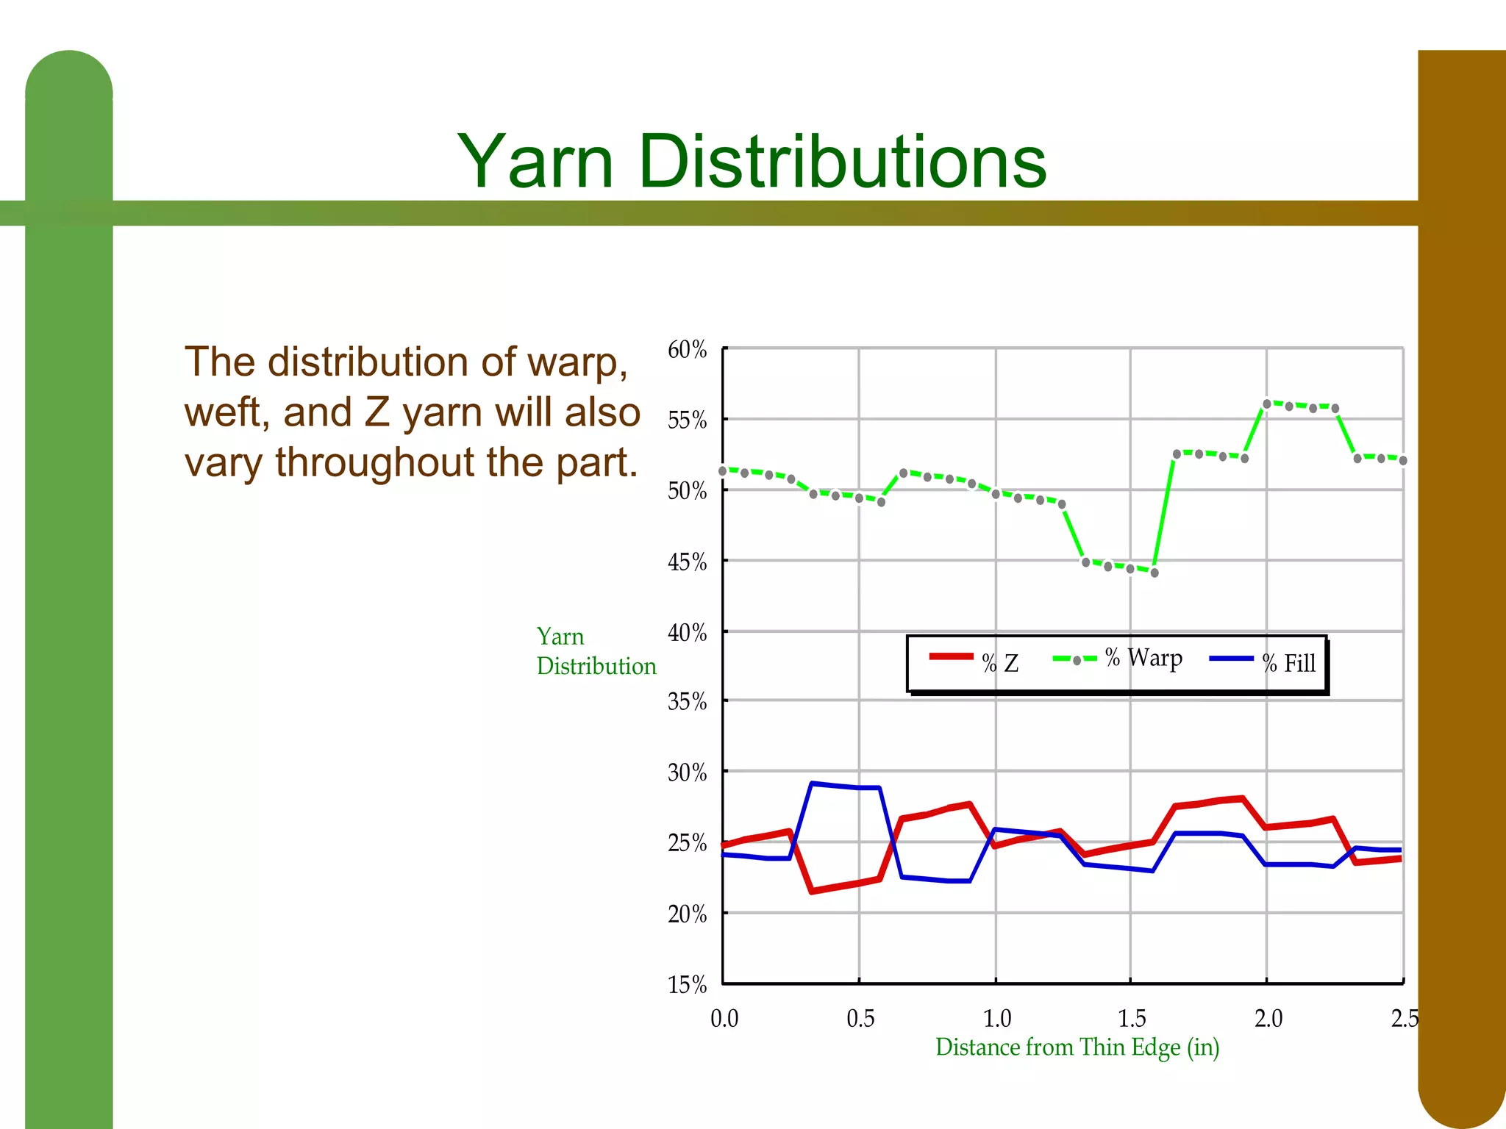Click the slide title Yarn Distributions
(x=752, y=162)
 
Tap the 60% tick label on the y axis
(x=687, y=350)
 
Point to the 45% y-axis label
(x=687, y=562)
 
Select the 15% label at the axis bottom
(x=687, y=985)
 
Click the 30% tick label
(x=687, y=773)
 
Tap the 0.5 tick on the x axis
(x=860, y=1019)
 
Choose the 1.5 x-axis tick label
(x=1132, y=1019)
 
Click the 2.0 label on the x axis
(x=1268, y=1019)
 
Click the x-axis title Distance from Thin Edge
(x=1077, y=1047)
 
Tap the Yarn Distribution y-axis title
(x=596, y=651)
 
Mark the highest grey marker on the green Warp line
(x=1267, y=404)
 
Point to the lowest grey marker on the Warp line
(x=1155, y=573)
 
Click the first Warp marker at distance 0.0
(x=723, y=470)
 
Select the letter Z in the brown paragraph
(x=377, y=412)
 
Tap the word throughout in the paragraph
(x=374, y=462)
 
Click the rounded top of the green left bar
(x=69, y=74)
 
